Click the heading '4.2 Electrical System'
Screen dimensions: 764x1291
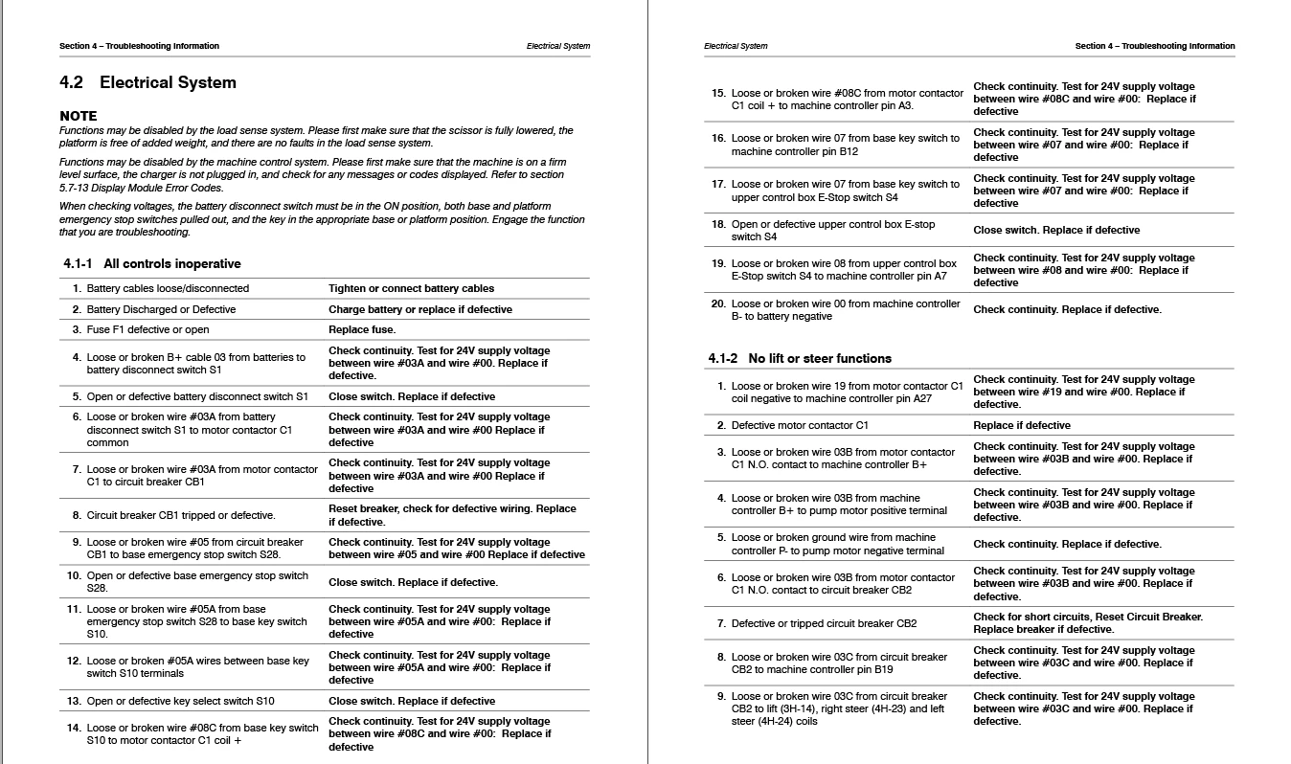[x=147, y=83]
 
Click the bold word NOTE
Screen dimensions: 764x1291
[x=79, y=116]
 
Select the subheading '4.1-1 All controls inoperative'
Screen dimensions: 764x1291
[x=152, y=264]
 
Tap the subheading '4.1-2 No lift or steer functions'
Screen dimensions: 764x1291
[x=800, y=359]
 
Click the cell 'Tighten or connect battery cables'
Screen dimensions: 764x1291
[x=411, y=288]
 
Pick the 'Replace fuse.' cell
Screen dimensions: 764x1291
[x=362, y=330]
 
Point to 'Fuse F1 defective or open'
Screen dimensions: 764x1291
[x=147, y=330]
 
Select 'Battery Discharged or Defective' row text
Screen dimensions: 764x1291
[x=161, y=310]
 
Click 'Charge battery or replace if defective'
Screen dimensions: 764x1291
[x=419, y=310]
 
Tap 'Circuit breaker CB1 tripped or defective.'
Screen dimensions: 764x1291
[x=181, y=516]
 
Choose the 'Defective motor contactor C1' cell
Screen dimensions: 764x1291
[x=800, y=426]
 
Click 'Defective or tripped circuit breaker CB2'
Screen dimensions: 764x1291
[x=824, y=624]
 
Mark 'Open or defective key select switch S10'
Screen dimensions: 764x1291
[x=181, y=702]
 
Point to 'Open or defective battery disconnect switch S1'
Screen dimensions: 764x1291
[x=197, y=397]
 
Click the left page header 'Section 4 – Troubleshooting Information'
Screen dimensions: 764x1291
[x=139, y=46]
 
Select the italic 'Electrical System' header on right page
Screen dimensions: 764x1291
[x=736, y=46]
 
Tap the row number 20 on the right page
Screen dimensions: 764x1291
[x=718, y=304]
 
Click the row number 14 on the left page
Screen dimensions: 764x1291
[x=74, y=729]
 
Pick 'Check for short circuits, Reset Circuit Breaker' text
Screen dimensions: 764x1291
[x=1088, y=618]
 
